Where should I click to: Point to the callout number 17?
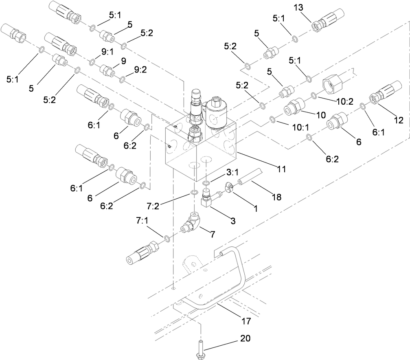point(246,321)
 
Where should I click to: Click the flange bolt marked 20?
point(201,348)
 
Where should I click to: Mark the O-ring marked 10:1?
point(272,120)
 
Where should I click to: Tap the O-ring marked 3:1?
point(206,183)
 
